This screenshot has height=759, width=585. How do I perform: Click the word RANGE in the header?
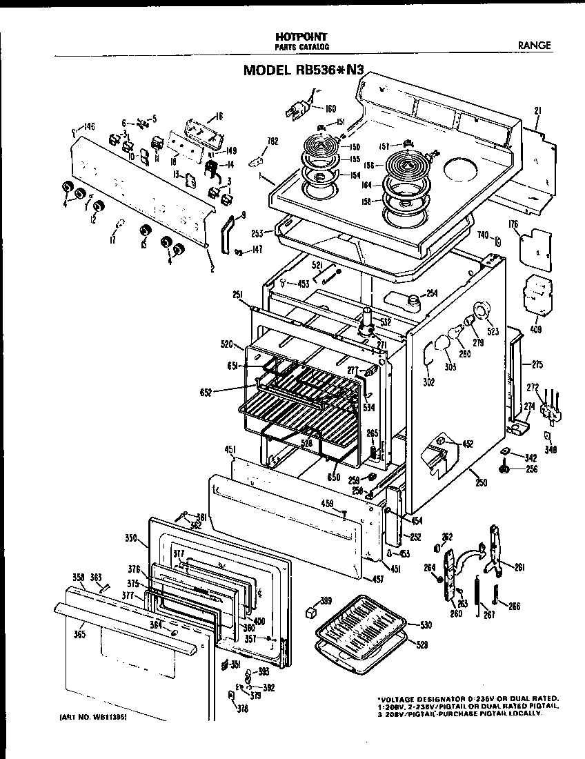click(535, 46)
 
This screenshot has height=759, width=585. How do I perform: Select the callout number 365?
click(79, 634)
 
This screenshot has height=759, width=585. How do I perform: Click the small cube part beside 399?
click(311, 612)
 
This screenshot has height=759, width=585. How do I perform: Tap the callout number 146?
click(88, 126)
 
